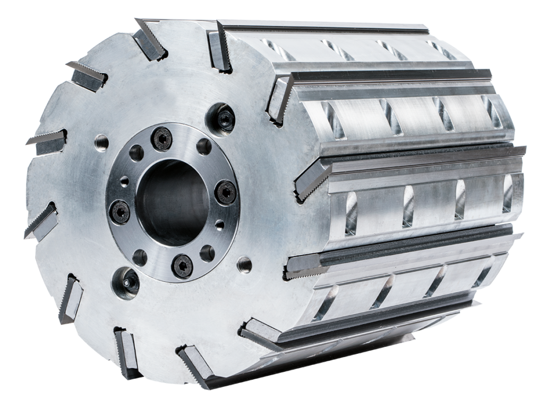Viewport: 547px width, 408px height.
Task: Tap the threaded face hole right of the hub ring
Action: point(244,261)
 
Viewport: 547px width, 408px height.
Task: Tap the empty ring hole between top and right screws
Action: point(202,145)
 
